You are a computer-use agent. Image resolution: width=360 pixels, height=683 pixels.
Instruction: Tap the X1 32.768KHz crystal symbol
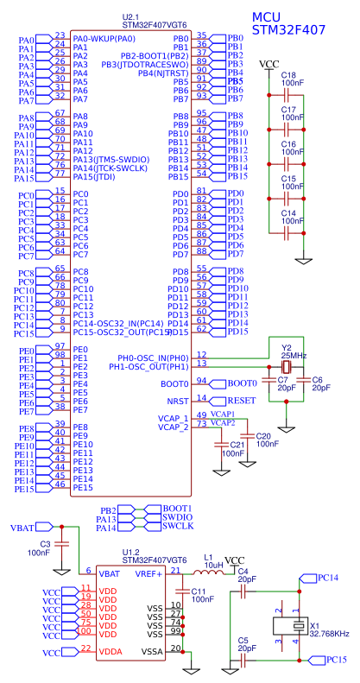[x=289, y=628]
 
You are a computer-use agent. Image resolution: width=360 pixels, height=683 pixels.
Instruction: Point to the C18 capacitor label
[x=287, y=75]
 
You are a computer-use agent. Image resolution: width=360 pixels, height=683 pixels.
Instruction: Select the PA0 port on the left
[x=25, y=40]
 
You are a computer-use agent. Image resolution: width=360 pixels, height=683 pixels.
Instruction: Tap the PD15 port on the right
[x=237, y=332]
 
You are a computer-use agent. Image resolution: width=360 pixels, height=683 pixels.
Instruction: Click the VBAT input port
[x=22, y=528]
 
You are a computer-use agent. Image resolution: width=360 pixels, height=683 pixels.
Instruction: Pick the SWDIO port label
[x=177, y=517]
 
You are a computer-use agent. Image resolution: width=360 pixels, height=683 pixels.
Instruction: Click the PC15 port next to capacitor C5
[x=332, y=660]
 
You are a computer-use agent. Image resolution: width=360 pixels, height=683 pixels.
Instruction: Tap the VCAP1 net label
[x=223, y=414]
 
